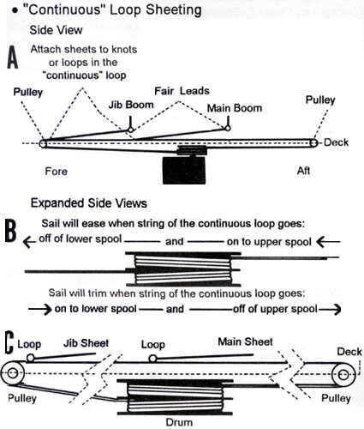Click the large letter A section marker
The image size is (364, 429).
click(13, 57)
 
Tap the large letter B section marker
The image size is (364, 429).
click(10, 231)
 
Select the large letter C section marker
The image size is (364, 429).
click(9, 342)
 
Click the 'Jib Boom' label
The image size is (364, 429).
click(131, 105)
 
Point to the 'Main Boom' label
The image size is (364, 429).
click(235, 108)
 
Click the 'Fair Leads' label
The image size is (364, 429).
click(182, 91)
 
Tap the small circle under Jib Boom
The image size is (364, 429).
click(131, 130)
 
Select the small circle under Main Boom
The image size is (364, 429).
click(228, 128)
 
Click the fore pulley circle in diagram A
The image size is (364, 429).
click(43, 143)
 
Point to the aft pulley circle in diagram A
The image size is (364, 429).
click(313, 142)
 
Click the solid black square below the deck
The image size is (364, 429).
click(184, 170)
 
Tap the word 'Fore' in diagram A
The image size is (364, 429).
click(57, 172)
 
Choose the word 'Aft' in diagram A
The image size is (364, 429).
click(303, 171)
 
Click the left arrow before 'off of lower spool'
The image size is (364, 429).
click(29, 242)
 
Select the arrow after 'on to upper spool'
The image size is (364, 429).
click(328, 242)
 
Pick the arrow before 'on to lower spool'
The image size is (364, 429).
click(40, 310)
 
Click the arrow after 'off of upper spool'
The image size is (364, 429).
click(330, 309)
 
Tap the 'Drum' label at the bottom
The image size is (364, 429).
click(179, 422)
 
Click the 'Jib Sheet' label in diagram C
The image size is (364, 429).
click(86, 343)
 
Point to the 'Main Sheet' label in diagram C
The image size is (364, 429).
click(245, 341)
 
